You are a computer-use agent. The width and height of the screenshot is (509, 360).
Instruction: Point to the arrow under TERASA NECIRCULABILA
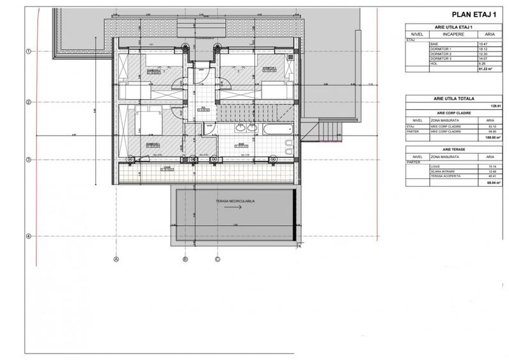pyautogui.click(x=233, y=208)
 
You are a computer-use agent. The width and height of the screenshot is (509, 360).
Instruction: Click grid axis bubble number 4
pyautogui.click(x=27, y=236)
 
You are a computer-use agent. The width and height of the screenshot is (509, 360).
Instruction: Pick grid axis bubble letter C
pyautogui.click(x=217, y=259)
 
